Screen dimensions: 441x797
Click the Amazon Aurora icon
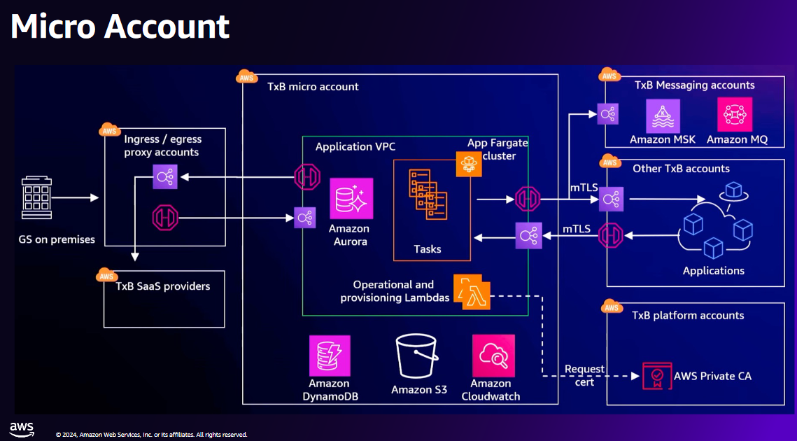click(x=351, y=199)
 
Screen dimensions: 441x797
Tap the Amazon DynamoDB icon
click(x=330, y=356)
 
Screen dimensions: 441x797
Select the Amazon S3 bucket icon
click(x=419, y=356)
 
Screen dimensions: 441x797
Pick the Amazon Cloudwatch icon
click(x=493, y=356)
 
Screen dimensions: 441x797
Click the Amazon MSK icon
click(x=663, y=114)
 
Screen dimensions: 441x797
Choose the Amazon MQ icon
click(x=735, y=114)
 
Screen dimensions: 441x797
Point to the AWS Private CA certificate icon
click(x=655, y=376)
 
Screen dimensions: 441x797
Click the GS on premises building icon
click(x=36, y=198)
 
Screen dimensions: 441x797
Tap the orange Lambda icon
click(x=472, y=292)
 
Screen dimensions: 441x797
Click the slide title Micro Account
click(x=120, y=27)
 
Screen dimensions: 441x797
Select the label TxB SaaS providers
click(x=163, y=286)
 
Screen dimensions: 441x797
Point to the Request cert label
click(x=585, y=375)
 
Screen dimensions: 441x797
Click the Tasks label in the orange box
click(x=428, y=249)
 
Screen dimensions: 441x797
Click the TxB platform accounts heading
click(x=688, y=316)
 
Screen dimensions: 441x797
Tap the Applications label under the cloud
click(x=714, y=271)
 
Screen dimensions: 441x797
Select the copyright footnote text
click(x=151, y=435)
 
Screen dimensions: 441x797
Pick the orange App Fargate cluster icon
click(x=469, y=164)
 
